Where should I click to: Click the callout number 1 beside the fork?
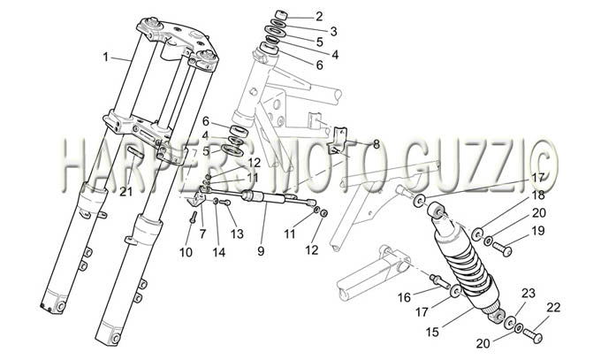[x=105, y=57]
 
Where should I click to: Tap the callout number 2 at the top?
[x=319, y=16]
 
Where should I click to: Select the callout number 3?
[x=333, y=32]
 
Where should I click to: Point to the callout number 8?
[x=376, y=144]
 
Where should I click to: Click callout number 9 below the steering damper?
[x=261, y=251]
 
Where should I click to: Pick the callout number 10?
[x=186, y=252]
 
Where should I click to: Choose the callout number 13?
[x=237, y=234]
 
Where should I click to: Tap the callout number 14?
[x=219, y=252]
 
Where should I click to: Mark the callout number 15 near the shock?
[x=432, y=332]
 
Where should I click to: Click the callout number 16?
[x=404, y=297]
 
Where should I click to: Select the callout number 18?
[x=538, y=195]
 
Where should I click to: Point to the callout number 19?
[x=537, y=231]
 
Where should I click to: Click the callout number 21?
[x=126, y=191]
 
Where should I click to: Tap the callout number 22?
[x=553, y=307]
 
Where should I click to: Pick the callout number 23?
[x=529, y=294]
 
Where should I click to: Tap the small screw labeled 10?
[x=193, y=218]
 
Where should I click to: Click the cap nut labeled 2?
[x=281, y=16]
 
